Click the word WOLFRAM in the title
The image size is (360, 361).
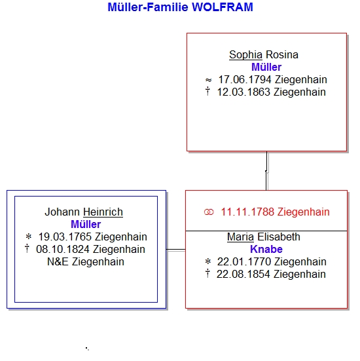pos(223,7)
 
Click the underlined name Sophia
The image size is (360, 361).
pos(245,55)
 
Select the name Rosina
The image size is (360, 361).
pos(282,55)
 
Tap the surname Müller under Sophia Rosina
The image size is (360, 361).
pos(266,67)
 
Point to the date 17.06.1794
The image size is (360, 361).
pos(245,80)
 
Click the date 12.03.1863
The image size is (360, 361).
pos(243,92)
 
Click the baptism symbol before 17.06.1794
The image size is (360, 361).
pos(208,80)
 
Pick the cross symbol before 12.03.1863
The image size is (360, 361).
pos(207,91)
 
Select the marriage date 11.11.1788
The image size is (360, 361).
pos(247,212)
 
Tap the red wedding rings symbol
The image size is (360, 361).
pos(209,212)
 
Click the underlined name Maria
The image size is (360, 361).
pos(240,237)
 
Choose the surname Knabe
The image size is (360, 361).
pos(266,250)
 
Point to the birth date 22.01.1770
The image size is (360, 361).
pos(244,262)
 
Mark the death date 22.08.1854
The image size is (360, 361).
pos(243,275)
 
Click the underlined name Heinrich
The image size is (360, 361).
pos(103,212)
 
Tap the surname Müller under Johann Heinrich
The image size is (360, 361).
pos(86,225)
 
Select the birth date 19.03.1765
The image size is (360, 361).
pos(65,237)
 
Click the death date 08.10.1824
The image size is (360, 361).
pos(63,250)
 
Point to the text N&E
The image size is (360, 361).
pos(58,262)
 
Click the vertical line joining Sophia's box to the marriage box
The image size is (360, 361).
pos(266,171)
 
